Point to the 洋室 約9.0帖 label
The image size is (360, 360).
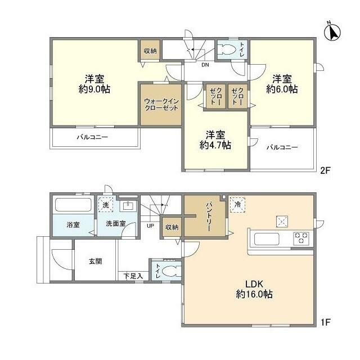coord(93,84)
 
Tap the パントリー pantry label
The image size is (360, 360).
coord(205,214)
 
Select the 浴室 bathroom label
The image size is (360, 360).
coord(73,224)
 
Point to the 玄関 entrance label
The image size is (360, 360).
coord(94,262)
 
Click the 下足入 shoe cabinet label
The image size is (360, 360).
coord(133,276)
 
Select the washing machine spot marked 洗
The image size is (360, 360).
coord(104,205)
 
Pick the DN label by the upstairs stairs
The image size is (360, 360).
coord(205,64)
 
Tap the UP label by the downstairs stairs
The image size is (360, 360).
coord(150,226)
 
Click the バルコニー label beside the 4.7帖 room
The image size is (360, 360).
coord(282,147)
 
